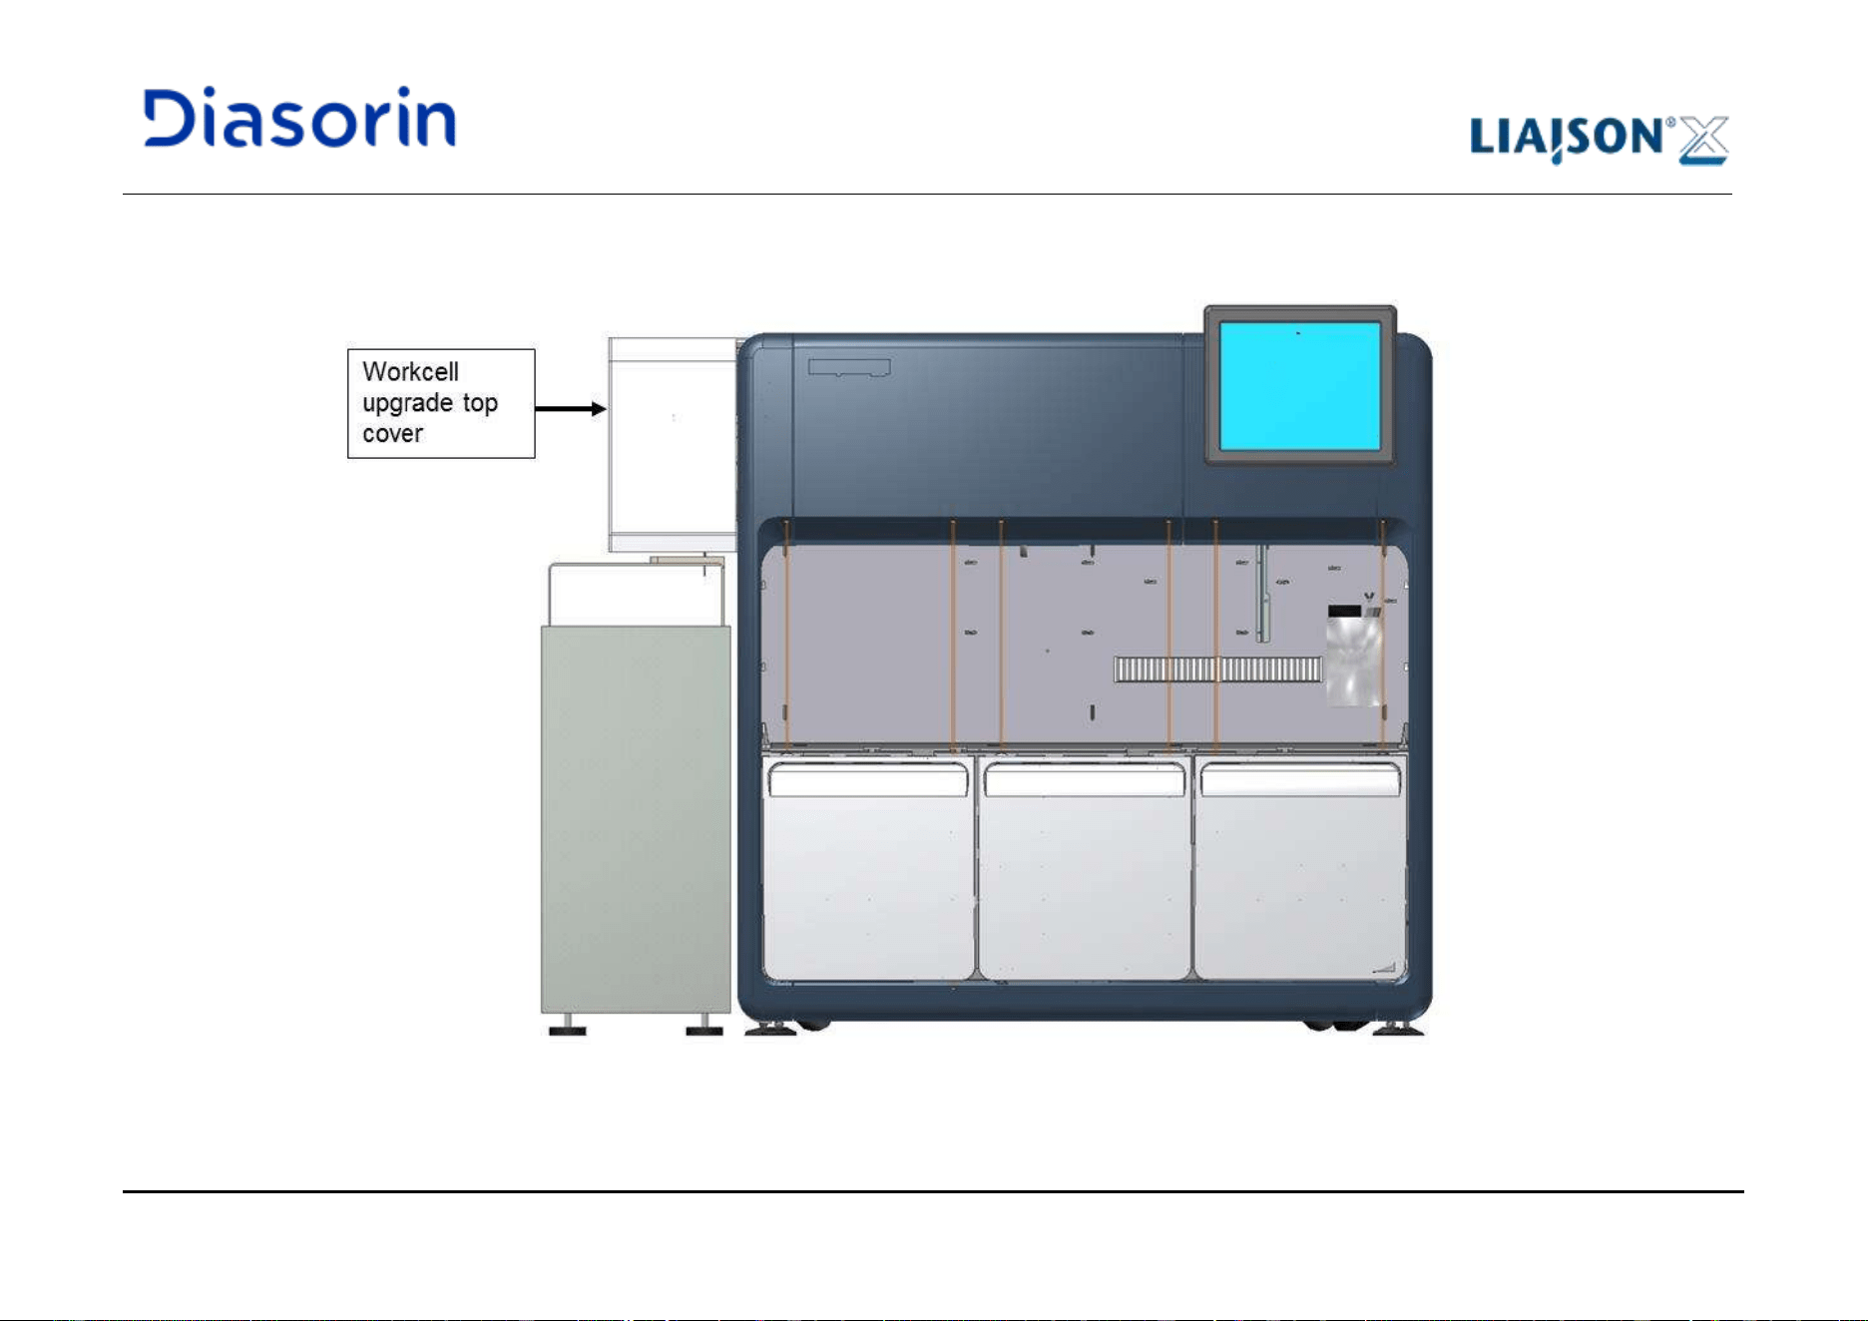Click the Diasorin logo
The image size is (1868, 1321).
pos(299,118)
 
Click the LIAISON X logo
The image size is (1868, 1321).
pos(1599,139)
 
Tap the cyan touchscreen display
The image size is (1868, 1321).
pos(1299,385)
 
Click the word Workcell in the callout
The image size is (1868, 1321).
pos(410,372)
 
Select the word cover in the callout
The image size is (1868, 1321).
pos(392,434)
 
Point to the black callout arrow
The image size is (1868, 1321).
pos(571,408)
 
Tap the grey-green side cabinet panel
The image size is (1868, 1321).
pos(636,819)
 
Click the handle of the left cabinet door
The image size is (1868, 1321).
pos(868,780)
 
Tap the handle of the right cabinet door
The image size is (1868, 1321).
pos(1300,780)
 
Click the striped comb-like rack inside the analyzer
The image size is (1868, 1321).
pos(1218,668)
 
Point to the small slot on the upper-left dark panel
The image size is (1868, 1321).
pos(849,367)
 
